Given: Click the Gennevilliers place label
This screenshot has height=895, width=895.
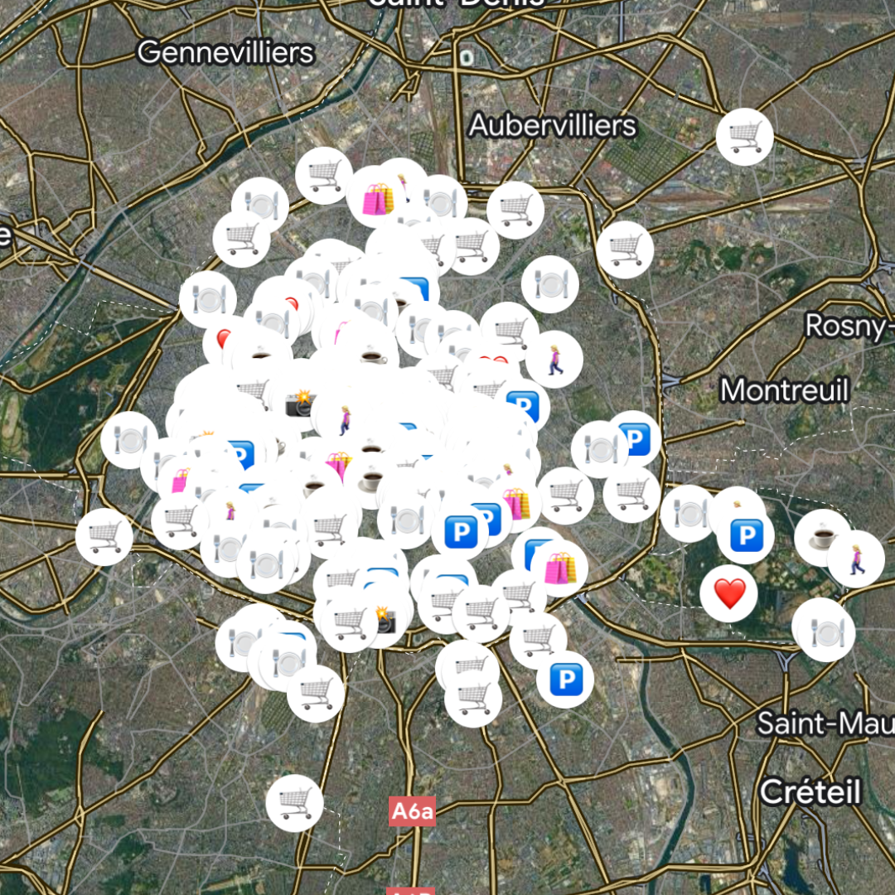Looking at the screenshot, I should click(225, 52).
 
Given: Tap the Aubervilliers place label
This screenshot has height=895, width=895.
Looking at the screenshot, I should click(553, 125).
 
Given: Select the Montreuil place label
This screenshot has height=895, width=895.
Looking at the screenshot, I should click(784, 389).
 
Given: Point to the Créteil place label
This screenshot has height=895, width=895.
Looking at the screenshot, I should click(810, 791).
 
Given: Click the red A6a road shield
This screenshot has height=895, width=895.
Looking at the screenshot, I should click(412, 811).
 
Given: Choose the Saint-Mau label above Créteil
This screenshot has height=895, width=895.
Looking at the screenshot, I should click(825, 723).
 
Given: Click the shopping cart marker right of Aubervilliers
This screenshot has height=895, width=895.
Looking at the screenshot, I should click(744, 137).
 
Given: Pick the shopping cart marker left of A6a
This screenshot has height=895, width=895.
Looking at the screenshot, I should click(294, 803).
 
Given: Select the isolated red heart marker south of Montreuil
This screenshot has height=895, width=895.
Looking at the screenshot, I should click(729, 593).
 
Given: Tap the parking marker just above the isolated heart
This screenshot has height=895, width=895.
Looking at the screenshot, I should click(746, 536).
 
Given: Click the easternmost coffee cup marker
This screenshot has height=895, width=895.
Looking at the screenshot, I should click(823, 539).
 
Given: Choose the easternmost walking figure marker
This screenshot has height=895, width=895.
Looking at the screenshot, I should click(856, 559).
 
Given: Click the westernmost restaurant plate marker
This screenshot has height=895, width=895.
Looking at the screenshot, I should click(129, 440).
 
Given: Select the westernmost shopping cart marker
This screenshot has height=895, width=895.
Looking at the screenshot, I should click(104, 537).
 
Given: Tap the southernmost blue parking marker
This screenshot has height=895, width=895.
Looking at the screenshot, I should click(565, 680).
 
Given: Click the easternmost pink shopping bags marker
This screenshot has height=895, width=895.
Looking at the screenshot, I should click(559, 568).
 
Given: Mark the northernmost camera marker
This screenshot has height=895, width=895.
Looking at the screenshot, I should click(300, 404).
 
